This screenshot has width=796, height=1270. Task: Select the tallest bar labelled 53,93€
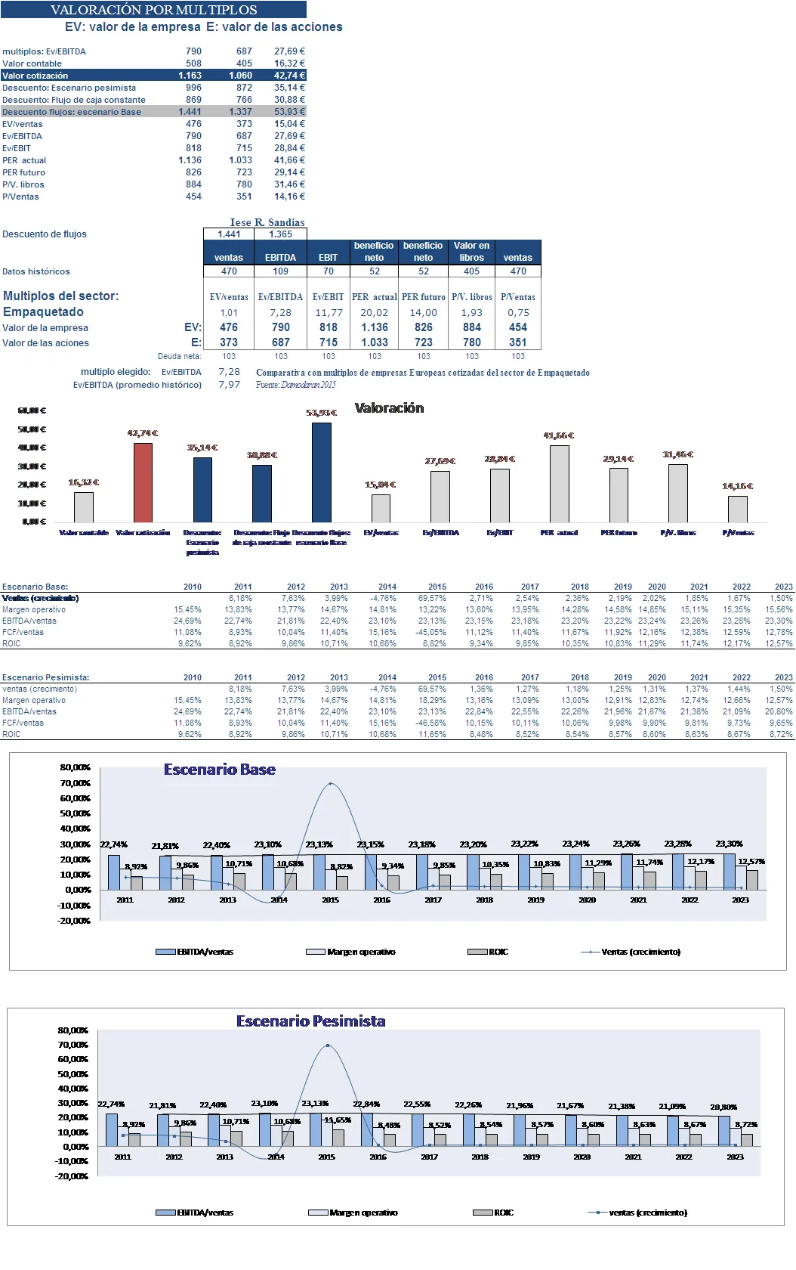pyautogui.click(x=322, y=472)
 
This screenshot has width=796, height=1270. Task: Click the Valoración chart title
pyautogui.click(x=389, y=408)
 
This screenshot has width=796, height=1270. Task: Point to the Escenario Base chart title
pyautogui.click(x=220, y=770)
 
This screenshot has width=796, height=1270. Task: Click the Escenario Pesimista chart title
pyautogui.click(x=310, y=1021)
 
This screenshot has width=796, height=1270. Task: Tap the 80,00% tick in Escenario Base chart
pyautogui.click(x=76, y=767)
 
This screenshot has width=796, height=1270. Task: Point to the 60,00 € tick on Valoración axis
pyautogui.click(x=32, y=410)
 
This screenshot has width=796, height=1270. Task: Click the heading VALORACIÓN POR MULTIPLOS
pyautogui.click(x=153, y=10)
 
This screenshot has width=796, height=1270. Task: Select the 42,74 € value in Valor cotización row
pyautogui.click(x=289, y=76)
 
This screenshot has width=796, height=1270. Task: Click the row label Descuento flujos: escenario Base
pyautogui.click(x=72, y=112)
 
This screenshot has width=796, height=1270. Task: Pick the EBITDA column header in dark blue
pyautogui.click(x=280, y=258)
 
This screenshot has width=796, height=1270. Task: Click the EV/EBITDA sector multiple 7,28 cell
pyautogui.click(x=280, y=312)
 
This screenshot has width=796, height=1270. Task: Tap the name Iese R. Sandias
pyautogui.click(x=267, y=222)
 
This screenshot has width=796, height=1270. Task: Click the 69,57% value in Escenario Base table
pyautogui.click(x=432, y=598)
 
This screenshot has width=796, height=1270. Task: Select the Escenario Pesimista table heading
pyautogui.click(x=46, y=677)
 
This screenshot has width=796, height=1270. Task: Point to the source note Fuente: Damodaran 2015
pyautogui.click(x=296, y=385)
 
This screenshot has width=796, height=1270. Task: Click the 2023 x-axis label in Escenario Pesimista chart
pyautogui.click(x=735, y=1157)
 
